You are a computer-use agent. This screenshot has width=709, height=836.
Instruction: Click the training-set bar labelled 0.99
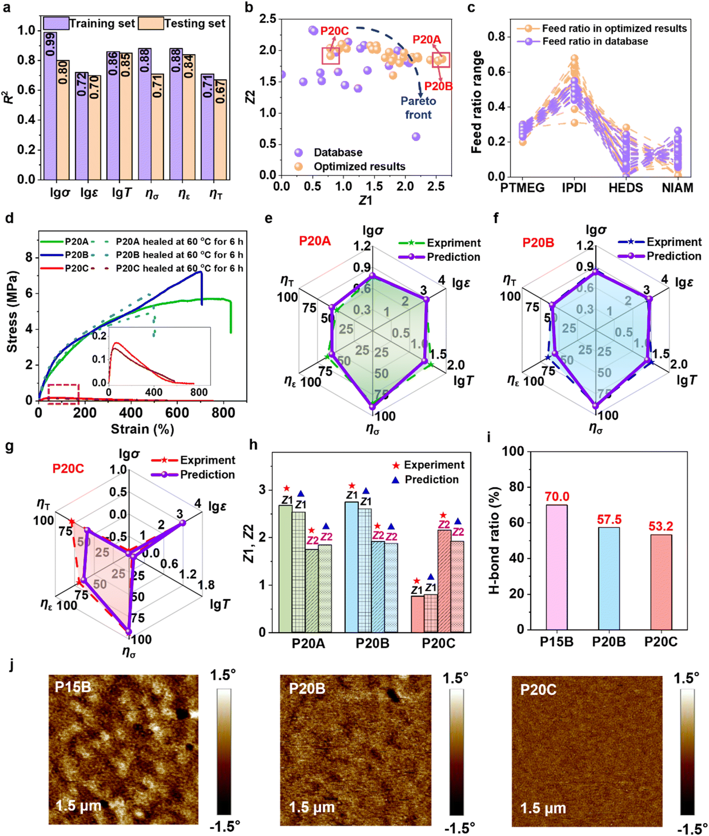pyautogui.click(x=50, y=106)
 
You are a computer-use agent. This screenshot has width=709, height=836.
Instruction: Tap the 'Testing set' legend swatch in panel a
pyautogui.click(x=151, y=23)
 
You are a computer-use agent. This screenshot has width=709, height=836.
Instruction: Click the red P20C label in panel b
pyautogui.click(x=334, y=31)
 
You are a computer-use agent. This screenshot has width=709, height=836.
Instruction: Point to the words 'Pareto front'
pyautogui.click(x=418, y=107)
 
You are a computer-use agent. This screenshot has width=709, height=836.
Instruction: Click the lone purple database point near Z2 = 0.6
pyautogui.click(x=416, y=137)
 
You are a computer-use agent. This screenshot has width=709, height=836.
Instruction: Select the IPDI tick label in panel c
pyautogui.click(x=574, y=188)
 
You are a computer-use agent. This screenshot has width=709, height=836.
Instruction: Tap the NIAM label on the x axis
pyautogui.click(x=677, y=188)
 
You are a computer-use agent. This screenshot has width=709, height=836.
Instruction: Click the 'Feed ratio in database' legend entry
pyautogui.click(x=595, y=41)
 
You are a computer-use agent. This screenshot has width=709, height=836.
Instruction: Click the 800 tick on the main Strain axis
pyautogui.click(x=223, y=413)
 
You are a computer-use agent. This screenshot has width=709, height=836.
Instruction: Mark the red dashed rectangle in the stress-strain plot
pyautogui.click(x=63, y=392)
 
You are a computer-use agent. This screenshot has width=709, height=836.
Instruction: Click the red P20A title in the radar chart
pyautogui.click(x=315, y=241)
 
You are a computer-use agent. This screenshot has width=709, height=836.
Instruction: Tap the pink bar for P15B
pyautogui.click(x=557, y=567)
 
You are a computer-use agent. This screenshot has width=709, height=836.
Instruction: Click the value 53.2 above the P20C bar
pyautogui.click(x=661, y=526)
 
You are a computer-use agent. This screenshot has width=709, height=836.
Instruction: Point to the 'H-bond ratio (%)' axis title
pyautogui.click(x=494, y=540)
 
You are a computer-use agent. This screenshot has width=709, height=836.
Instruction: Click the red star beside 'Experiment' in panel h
pyautogui.click(x=396, y=465)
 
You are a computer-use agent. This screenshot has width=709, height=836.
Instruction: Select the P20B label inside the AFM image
pyautogui.click(x=307, y=689)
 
